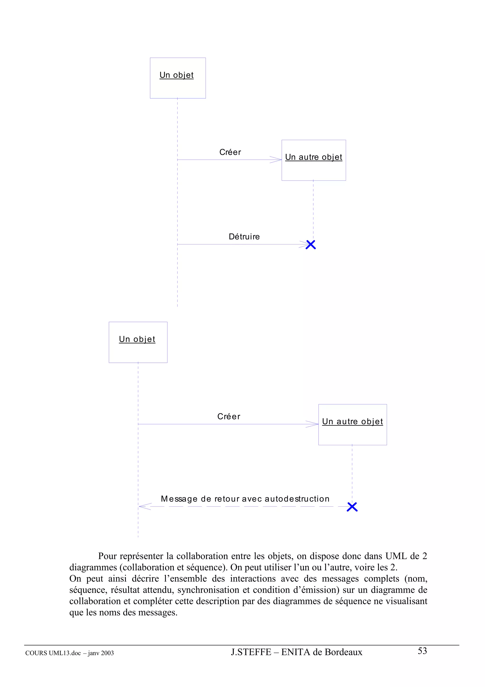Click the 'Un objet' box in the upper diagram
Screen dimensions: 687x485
click(178, 78)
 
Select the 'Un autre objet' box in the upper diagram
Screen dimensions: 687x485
click(314, 160)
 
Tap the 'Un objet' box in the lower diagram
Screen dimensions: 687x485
click(138, 342)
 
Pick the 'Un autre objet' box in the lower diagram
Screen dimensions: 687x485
click(352, 424)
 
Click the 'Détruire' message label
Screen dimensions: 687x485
click(244, 237)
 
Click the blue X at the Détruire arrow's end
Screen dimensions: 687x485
click(311, 244)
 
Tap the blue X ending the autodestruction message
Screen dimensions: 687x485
click(352, 507)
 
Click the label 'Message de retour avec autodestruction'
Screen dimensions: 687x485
click(245, 499)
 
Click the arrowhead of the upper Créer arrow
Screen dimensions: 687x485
click(276, 160)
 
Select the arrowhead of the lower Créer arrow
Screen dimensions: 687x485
click(313, 424)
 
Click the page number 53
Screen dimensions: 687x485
click(422, 651)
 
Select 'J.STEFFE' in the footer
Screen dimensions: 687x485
click(251, 652)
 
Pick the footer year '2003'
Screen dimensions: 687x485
click(107, 653)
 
